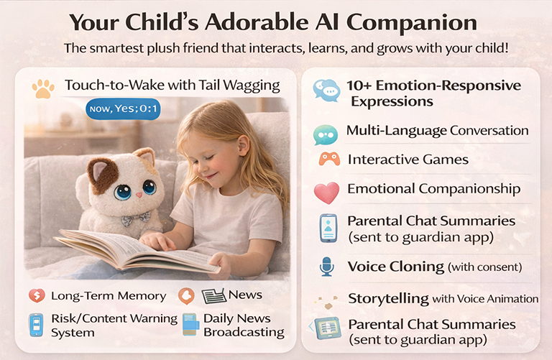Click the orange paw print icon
click(43, 88)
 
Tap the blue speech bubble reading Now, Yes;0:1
click(123, 109)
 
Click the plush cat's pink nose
click(139, 195)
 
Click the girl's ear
click(243, 146)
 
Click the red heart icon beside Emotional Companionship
click(326, 193)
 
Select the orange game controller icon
click(329, 159)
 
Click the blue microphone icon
click(327, 267)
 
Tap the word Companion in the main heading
click(412, 22)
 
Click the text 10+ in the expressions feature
click(359, 86)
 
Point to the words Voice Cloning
click(396, 267)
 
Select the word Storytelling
click(389, 299)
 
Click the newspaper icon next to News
click(213, 296)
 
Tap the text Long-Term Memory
click(109, 296)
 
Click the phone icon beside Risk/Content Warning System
click(36, 325)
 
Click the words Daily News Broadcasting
click(244, 326)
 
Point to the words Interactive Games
click(408, 160)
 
